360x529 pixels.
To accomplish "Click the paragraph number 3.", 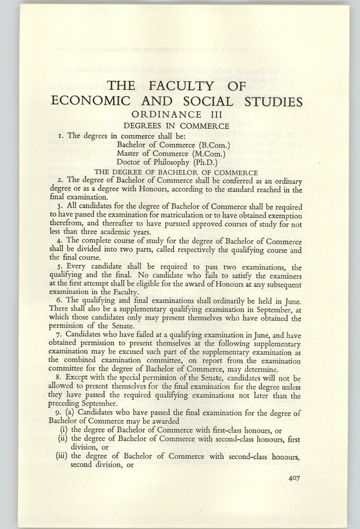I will (70, 208).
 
